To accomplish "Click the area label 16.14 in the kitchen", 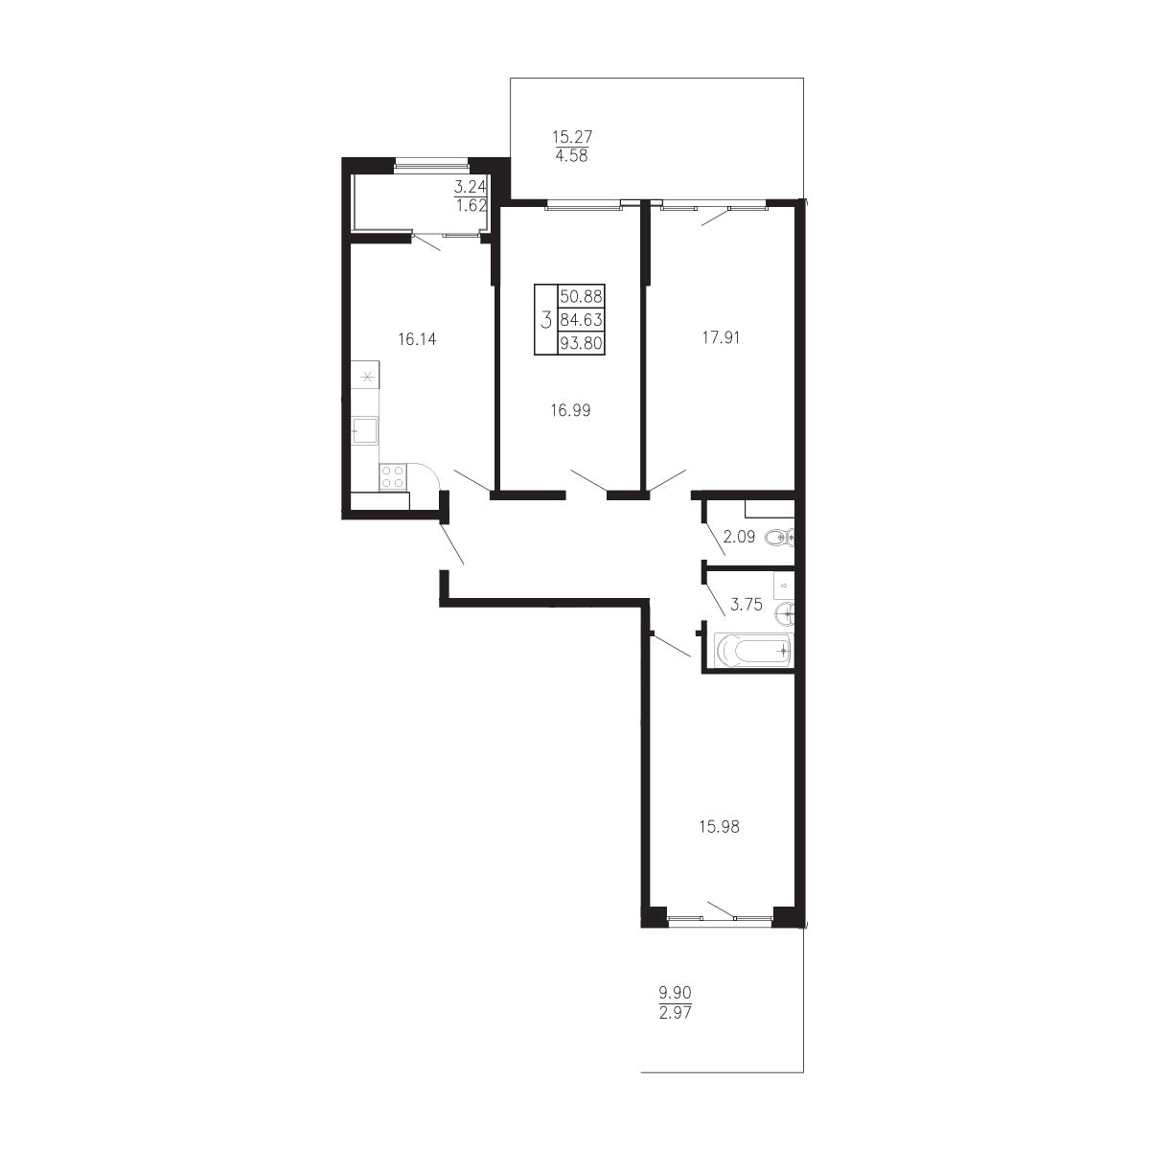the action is pos(417,339).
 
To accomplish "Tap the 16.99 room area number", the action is pos(570,410).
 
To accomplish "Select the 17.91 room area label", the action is pos(721,337).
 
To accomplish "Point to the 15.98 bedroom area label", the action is pos(719,826).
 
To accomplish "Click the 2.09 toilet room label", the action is pos(739,537).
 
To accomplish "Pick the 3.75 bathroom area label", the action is pos(747,605).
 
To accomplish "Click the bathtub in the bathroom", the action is pos(753,651).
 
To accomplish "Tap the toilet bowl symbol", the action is pos(779,538).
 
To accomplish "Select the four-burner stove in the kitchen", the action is pos(393,477).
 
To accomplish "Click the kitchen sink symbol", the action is pos(364,429).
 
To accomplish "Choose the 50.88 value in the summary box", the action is pos(581,296).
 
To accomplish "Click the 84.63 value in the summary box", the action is pos(581,320).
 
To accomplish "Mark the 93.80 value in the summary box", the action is pos(581,343).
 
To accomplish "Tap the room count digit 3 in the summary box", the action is pos(545,320).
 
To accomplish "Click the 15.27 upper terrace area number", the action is pos(572,137).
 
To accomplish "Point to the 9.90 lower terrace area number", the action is pos(675,993).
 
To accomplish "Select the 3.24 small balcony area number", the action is pos(471,187).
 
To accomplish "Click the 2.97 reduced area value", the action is pos(675,1013).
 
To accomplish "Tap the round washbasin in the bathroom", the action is pos(786,612).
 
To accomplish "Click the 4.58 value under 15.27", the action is pos(572,156).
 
